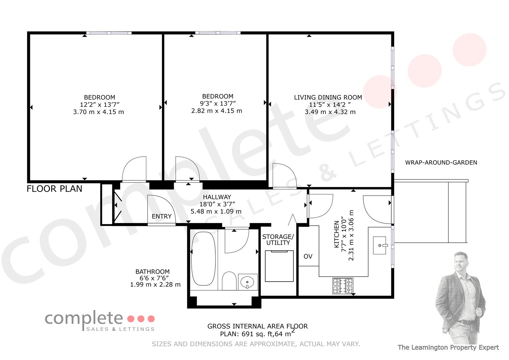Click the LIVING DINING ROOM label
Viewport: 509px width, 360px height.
pos(328,97)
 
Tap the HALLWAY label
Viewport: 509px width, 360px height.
pos(217,197)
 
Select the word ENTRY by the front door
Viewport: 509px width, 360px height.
pos(162,216)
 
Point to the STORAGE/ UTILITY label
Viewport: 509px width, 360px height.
pos(278,240)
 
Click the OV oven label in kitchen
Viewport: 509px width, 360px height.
pos(308,256)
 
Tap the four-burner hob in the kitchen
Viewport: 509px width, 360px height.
pos(343,286)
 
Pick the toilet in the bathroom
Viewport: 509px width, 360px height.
pos(229,281)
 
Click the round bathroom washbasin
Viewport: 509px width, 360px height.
pos(248,282)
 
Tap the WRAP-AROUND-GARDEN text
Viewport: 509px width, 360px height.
pos(441,163)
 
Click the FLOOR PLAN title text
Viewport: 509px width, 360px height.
pos(54,189)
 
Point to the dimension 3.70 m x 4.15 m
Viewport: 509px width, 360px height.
pos(98,112)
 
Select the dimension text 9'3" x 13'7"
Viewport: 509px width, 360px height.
pos(218,104)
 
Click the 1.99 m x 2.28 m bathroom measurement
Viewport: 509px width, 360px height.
pos(155,285)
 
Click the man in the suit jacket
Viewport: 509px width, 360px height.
pos(460,298)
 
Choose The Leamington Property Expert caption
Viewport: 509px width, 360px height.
pos(448,347)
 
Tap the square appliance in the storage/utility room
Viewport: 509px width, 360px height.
pos(279,266)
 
